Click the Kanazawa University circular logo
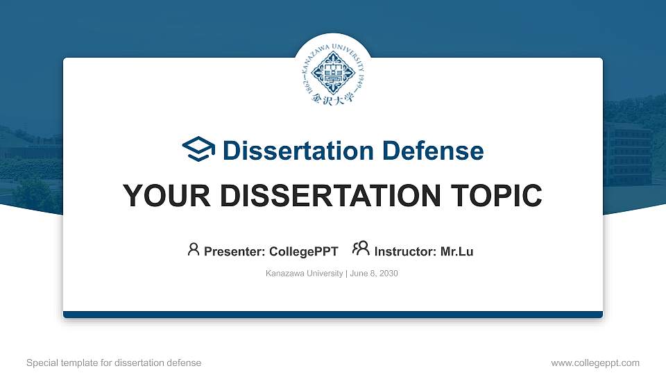tap(333, 73)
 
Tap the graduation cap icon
tap(199, 149)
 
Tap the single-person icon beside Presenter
tap(194, 249)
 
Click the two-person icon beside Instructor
tap(361, 249)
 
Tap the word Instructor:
tap(406, 251)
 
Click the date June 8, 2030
tap(374, 274)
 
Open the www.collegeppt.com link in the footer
tap(595, 362)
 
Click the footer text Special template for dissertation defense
tap(114, 362)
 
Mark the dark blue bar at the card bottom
tap(333, 315)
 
